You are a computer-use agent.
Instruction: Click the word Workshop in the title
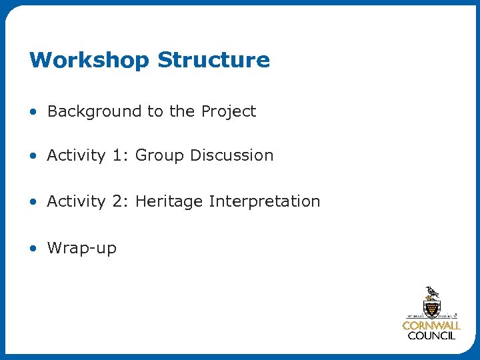coord(89,60)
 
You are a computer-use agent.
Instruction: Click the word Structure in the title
coord(213,60)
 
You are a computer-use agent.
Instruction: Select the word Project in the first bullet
coord(229,112)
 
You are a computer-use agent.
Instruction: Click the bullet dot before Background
coord(33,112)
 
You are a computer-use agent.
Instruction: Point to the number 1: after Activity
coord(120,155)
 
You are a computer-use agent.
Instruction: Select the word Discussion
coord(231,155)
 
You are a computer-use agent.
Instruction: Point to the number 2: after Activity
coord(120,201)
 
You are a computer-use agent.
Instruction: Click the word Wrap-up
coord(81,249)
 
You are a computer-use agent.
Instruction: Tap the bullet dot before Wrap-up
coord(33,249)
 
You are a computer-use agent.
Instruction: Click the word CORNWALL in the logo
coord(431,326)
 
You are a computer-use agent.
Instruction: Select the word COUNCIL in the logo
coord(431,336)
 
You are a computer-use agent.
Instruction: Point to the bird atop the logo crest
coord(433,292)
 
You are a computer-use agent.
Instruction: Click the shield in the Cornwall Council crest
coord(431,308)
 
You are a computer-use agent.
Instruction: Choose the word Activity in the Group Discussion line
coord(76,156)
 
